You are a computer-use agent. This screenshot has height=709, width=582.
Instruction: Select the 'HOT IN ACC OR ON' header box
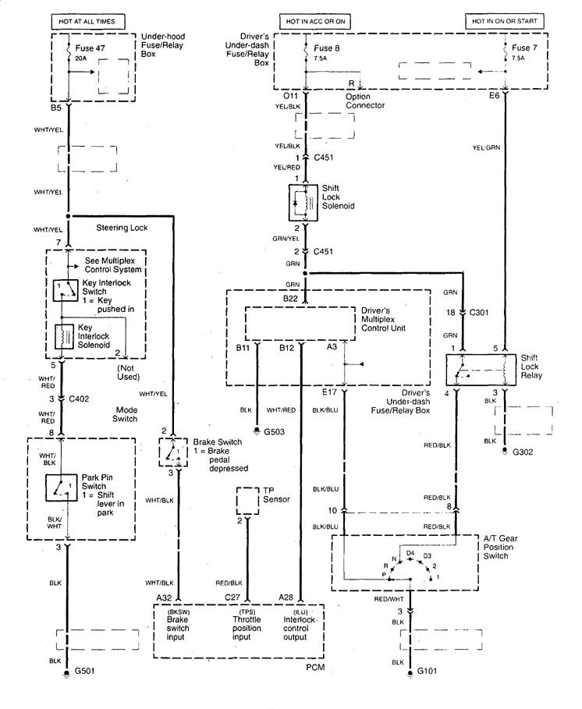click(312, 20)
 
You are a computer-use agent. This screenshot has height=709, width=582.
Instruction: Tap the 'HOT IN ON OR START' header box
click(505, 20)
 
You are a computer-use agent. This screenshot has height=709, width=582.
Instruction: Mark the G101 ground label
click(428, 671)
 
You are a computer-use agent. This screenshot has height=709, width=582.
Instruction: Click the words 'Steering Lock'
click(122, 228)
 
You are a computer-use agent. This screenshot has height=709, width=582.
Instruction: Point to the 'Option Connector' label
click(365, 101)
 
